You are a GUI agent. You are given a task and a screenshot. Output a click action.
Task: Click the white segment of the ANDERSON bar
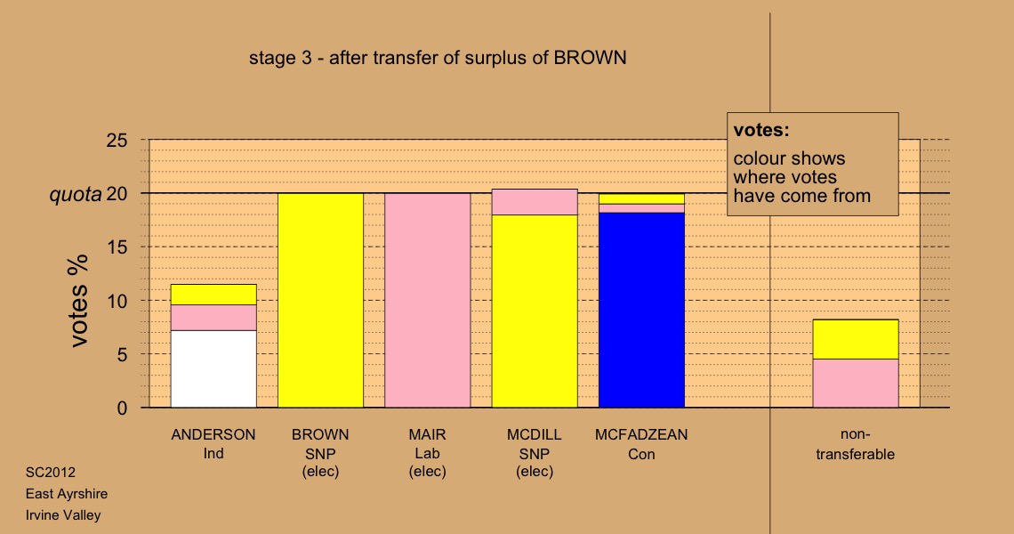213,369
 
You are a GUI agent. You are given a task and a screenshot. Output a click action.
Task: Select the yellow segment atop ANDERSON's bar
213,295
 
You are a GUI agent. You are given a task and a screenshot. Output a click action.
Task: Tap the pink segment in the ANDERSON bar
213,318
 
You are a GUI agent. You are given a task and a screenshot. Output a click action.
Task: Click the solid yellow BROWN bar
321,300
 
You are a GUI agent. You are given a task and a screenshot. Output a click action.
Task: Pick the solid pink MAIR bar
428,300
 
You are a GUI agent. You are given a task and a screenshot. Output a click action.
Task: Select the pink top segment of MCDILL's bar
535,202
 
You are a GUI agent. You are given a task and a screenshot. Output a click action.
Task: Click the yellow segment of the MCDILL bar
535,311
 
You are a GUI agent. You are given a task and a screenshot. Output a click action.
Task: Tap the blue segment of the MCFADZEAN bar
641,310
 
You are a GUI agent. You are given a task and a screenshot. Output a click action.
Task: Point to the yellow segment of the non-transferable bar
856,339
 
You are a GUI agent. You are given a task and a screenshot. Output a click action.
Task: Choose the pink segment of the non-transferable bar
856,384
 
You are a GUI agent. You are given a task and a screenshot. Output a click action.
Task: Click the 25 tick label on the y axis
117,141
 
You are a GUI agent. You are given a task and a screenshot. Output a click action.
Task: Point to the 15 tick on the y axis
117,247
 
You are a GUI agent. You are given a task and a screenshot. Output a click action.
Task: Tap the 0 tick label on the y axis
122,408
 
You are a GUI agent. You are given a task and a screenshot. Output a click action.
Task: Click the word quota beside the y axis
76,194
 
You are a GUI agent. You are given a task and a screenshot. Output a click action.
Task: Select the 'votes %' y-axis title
78,301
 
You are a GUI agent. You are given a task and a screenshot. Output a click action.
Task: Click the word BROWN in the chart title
590,58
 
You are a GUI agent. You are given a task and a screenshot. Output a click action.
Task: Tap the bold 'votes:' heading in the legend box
761,130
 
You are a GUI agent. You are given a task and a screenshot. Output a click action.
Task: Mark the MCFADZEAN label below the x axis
641,434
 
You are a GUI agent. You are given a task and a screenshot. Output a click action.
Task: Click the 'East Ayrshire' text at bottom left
67,494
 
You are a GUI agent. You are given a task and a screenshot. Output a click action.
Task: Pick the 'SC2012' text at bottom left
51,473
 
